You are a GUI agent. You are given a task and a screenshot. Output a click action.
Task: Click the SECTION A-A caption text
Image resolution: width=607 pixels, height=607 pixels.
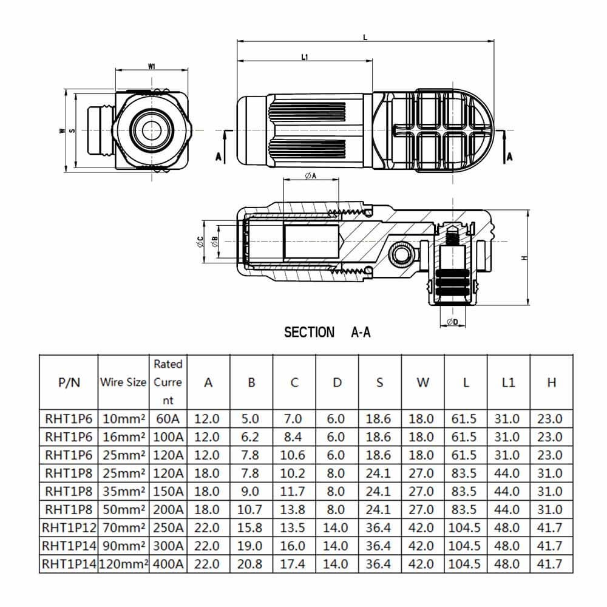click(x=327, y=332)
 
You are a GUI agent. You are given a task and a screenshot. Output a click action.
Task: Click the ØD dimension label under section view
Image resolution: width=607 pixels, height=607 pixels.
click(x=452, y=322)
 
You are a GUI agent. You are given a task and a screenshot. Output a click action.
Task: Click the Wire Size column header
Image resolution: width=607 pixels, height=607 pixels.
click(x=123, y=382)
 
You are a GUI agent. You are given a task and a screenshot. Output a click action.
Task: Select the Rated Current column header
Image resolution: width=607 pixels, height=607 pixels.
click(x=168, y=382)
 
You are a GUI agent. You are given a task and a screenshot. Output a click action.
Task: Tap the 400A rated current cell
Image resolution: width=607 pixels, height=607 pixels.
click(x=168, y=563)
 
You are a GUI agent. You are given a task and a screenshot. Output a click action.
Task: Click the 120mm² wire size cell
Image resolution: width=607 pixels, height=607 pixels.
click(x=123, y=563)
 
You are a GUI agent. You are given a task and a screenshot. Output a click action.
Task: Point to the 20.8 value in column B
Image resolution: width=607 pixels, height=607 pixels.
click(x=251, y=563)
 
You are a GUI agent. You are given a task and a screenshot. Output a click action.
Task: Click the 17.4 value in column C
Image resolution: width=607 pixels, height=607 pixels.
click(x=294, y=563)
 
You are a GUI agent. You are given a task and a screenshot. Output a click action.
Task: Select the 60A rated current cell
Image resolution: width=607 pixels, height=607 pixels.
click(x=168, y=419)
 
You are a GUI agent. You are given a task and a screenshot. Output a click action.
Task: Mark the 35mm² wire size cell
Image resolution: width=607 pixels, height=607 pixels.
click(x=123, y=491)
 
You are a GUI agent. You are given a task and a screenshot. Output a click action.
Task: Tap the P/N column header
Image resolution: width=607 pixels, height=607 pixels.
click(x=69, y=382)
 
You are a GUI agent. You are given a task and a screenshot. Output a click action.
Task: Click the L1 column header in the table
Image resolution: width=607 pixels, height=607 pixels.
click(x=509, y=382)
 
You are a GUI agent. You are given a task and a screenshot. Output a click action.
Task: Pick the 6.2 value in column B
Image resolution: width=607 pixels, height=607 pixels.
click(x=251, y=436)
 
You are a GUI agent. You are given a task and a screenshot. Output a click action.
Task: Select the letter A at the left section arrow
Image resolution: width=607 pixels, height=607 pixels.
click(x=219, y=156)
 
